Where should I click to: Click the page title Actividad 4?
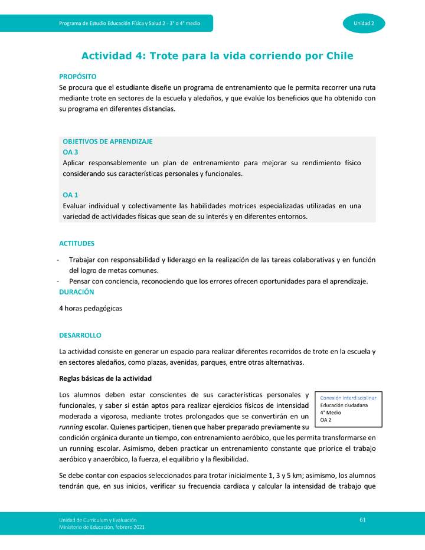[217, 56]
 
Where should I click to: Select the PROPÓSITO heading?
[78, 77]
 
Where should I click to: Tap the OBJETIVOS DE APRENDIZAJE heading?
[107, 142]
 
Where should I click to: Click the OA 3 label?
[70, 152]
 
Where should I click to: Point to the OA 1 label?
[70, 195]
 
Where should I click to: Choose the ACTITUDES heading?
[77, 243]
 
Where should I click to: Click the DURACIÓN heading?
[76, 292]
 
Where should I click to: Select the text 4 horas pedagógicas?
[90, 308]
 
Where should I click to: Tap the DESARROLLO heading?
[80, 335]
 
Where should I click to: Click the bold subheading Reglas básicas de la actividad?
[106, 378]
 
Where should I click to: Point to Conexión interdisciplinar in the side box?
[348, 398]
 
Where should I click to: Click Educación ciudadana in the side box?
[344, 405]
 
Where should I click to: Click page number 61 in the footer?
[363, 519]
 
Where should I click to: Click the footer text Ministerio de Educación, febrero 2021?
[101, 526]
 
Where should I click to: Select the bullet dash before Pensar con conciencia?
[57, 281]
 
